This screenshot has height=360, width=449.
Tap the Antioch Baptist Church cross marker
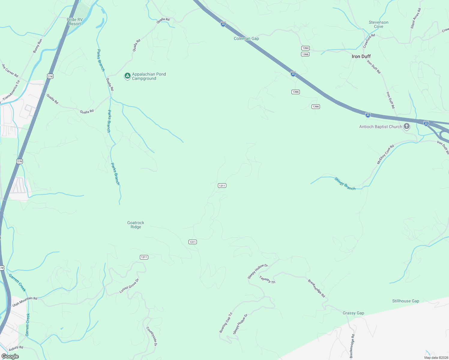(407, 126)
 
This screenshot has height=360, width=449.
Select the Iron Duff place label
(361, 56)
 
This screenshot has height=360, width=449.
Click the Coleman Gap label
(246, 38)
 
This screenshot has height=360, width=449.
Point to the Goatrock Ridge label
(136, 225)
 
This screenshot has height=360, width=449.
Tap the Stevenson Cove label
(378, 24)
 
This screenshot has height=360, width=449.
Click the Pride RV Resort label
(74, 22)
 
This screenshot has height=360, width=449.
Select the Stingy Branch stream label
(345, 184)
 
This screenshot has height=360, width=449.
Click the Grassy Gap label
(353, 313)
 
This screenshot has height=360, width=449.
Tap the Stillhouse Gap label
(405, 301)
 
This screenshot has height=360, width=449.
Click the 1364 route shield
(305, 48)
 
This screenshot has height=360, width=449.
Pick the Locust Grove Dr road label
(129, 286)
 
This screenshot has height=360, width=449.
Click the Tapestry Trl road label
(267, 280)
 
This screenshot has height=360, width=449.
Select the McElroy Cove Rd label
(385, 154)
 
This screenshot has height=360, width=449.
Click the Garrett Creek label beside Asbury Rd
(28, 325)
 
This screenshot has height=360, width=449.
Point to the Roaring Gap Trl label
(226, 322)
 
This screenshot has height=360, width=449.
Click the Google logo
(10, 356)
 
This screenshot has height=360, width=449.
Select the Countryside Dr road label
(152, 336)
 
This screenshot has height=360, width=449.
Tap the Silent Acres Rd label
(416, 18)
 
